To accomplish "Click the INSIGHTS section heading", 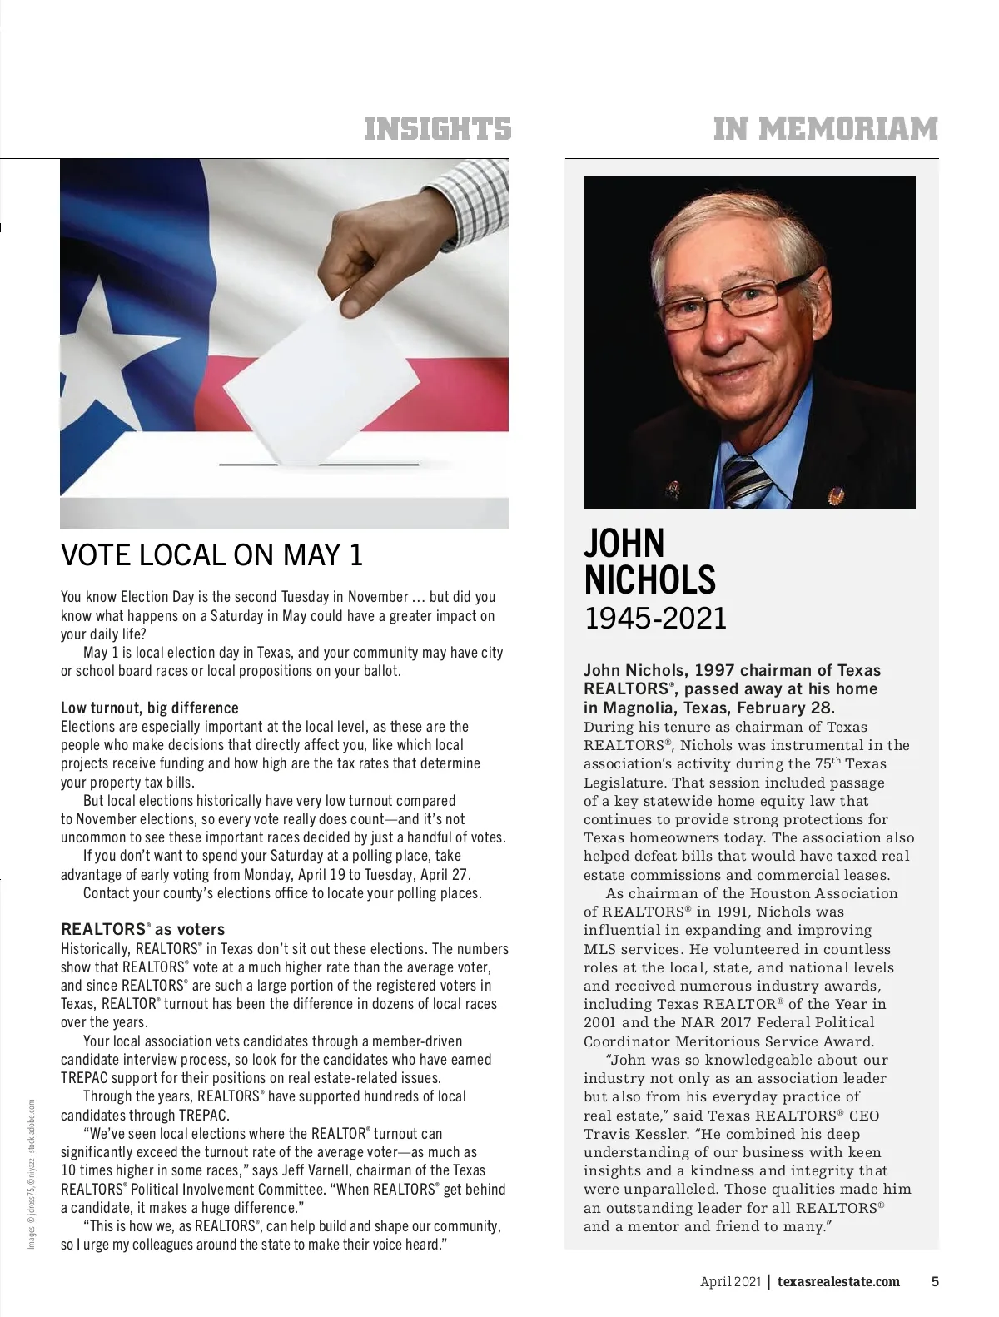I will pos(438,129).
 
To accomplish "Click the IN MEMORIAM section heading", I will pos(825,129).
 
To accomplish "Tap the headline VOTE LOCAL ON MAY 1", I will pos(212,555).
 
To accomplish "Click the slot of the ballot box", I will pos(319,465).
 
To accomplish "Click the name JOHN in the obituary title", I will pos(624,544).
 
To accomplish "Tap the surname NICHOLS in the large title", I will pos(649,580).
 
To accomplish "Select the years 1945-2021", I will pos(655,619).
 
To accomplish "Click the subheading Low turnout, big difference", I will pos(150,708).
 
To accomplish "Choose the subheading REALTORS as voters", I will pos(142,930).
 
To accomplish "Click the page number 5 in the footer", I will pos(935,1282).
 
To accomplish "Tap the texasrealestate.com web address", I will pos(838,1282).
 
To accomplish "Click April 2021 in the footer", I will pos(730,1282).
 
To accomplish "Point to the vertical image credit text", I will pos(32,1174).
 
